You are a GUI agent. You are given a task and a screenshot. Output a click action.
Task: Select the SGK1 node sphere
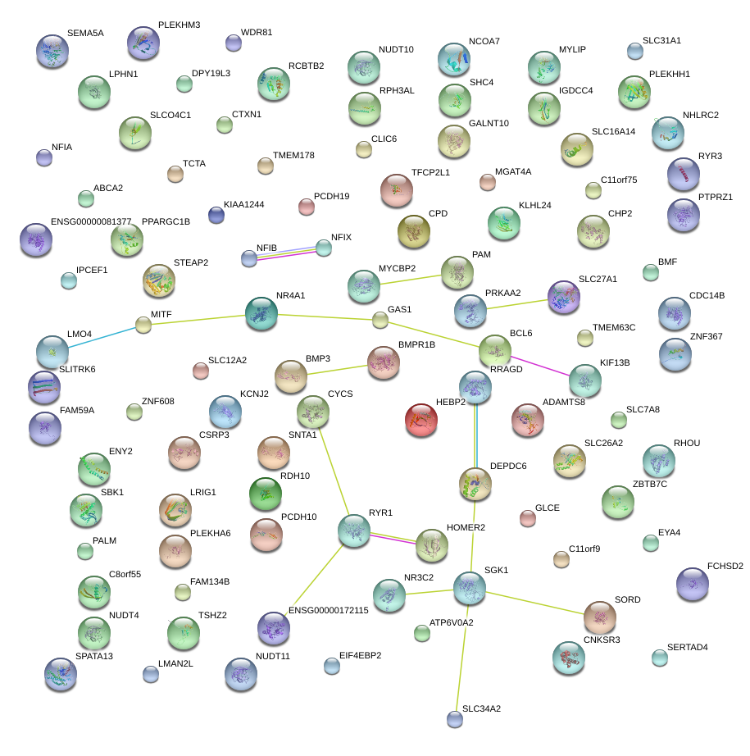(470, 587)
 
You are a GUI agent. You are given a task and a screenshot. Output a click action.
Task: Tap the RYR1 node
(354, 531)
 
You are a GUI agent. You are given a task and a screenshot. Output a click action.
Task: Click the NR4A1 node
(261, 312)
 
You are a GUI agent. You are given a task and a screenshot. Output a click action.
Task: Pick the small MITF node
(143, 325)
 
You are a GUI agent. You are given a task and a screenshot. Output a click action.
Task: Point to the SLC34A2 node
(455, 719)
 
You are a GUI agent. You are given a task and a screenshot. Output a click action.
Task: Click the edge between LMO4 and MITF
(98, 339)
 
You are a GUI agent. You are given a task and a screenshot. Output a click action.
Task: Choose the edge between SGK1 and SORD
(534, 600)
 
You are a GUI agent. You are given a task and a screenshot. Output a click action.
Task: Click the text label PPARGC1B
(166, 221)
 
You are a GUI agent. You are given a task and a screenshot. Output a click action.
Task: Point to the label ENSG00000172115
(328, 610)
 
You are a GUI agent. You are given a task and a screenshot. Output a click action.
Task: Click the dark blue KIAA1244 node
(216, 215)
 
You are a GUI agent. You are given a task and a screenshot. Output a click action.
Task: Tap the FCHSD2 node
(692, 583)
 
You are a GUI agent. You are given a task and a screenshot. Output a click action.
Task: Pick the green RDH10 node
(265, 493)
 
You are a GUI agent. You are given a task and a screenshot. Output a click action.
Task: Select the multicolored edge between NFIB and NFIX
(286, 253)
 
